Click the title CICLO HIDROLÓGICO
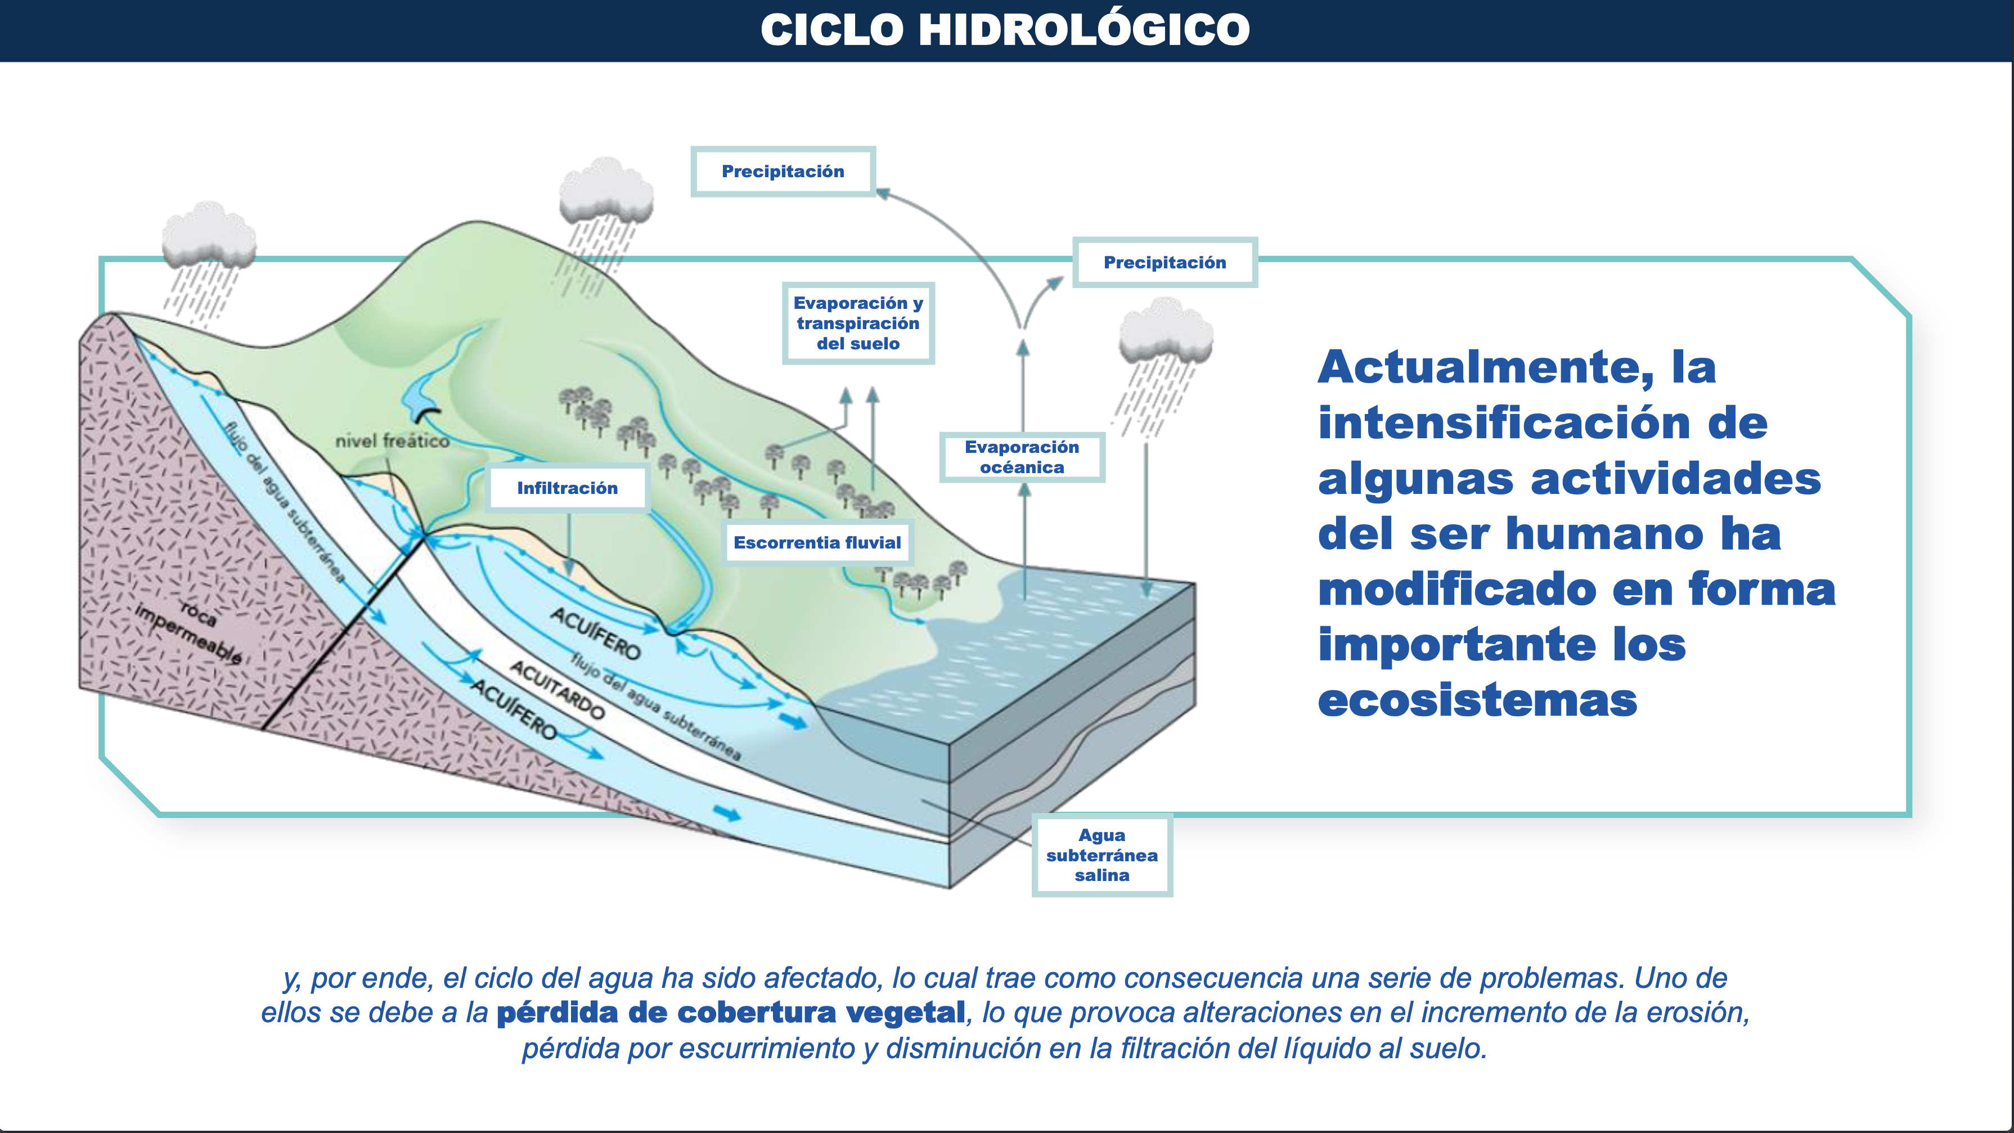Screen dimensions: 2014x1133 click(1005, 30)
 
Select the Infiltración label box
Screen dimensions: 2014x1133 click(568, 488)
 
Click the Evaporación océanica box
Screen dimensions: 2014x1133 click(1022, 457)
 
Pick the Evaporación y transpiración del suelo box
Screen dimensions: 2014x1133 click(858, 323)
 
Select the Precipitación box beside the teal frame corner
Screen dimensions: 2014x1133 click(1165, 262)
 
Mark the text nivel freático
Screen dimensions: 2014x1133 click(393, 441)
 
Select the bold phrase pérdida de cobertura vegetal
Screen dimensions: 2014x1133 click(731, 1013)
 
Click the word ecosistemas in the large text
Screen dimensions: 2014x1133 click(1478, 700)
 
